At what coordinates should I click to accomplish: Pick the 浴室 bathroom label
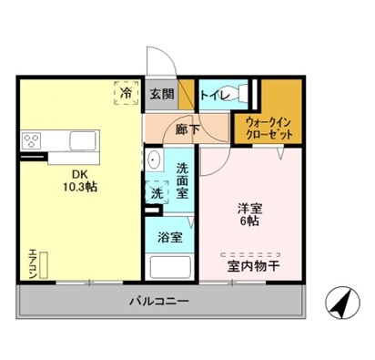pos(170,237)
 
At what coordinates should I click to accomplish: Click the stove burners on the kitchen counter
pos(34,140)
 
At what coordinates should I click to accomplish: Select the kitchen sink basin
pos(81,140)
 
